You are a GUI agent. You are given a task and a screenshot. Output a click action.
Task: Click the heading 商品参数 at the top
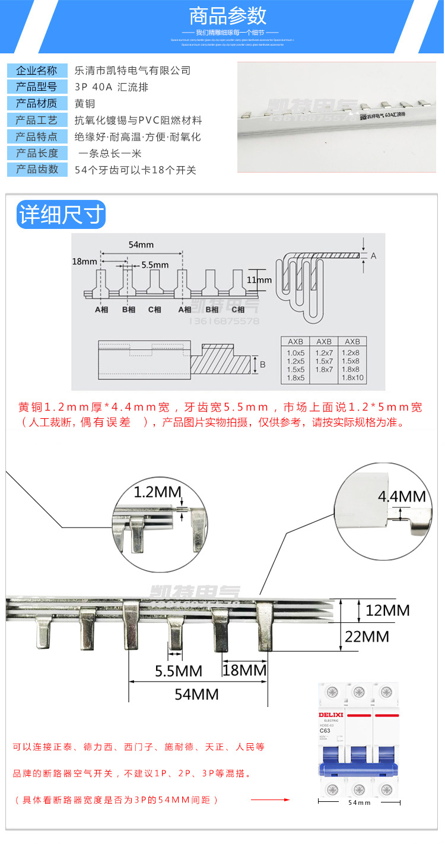point(227,15)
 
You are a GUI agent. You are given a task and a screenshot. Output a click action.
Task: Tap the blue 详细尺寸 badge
point(61,215)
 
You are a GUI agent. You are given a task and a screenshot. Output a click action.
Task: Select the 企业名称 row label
point(37,71)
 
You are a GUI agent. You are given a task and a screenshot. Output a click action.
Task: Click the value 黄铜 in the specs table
point(84,103)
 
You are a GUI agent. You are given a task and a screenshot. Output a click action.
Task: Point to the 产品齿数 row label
point(37,170)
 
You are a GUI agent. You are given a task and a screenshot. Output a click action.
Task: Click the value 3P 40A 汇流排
point(112,87)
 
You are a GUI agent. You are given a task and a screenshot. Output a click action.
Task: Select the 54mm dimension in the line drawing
point(141,244)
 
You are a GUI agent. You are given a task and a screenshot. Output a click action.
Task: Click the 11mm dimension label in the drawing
point(259,280)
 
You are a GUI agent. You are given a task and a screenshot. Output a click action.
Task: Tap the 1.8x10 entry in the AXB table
point(352,378)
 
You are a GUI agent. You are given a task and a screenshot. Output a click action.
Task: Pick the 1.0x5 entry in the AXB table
point(295,352)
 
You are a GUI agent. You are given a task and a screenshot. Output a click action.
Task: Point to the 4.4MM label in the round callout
point(402,496)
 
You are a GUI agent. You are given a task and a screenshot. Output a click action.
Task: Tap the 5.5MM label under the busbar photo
point(179,671)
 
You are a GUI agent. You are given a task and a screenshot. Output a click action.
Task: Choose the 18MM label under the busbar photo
point(244,670)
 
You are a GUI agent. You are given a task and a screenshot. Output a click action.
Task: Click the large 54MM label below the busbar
point(196,695)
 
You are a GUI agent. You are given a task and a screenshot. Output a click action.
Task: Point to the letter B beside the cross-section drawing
point(262,365)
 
